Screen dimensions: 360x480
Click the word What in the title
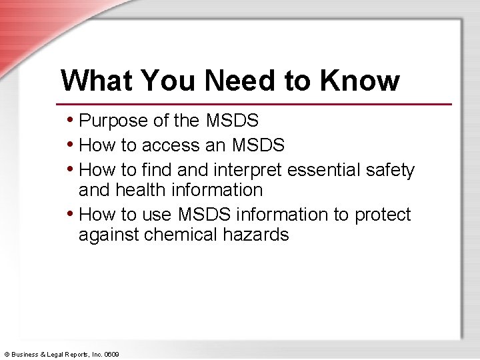(93, 81)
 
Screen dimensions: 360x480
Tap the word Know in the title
(359, 81)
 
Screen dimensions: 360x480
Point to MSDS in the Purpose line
(232, 121)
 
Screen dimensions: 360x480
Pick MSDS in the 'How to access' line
(258, 145)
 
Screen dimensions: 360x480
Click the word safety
(391, 171)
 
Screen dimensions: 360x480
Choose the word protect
(383, 215)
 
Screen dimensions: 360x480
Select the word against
(109, 235)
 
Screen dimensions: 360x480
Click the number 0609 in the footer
(111, 353)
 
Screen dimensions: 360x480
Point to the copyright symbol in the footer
(6, 353)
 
